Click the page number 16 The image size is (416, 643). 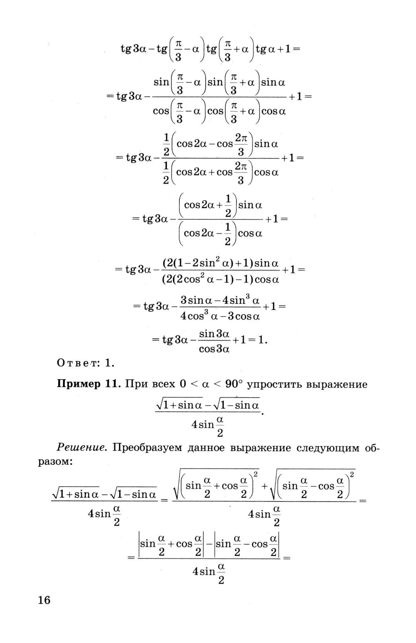click(x=44, y=600)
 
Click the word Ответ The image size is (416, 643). click(x=77, y=363)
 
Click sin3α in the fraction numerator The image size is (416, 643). click(x=214, y=334)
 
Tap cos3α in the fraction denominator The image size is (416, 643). click(x=214, y=349)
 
